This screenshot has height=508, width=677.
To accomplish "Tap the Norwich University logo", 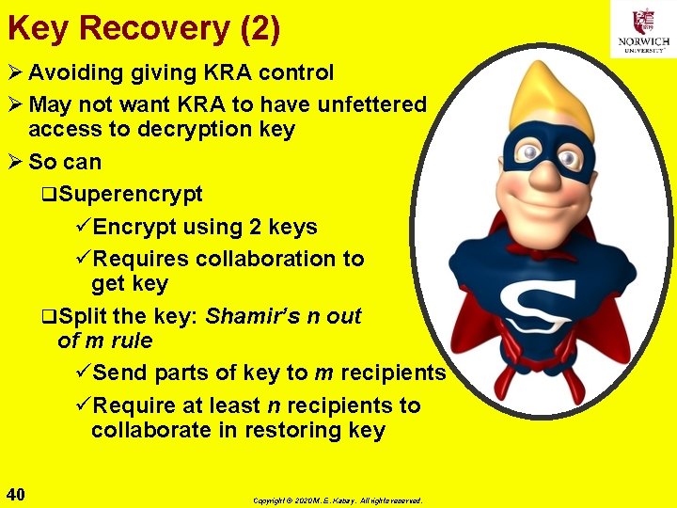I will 643,29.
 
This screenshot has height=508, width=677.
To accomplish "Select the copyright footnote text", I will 338,500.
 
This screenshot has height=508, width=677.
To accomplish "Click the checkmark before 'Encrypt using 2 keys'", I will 82,227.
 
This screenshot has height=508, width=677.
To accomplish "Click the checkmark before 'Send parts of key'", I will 82,373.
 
